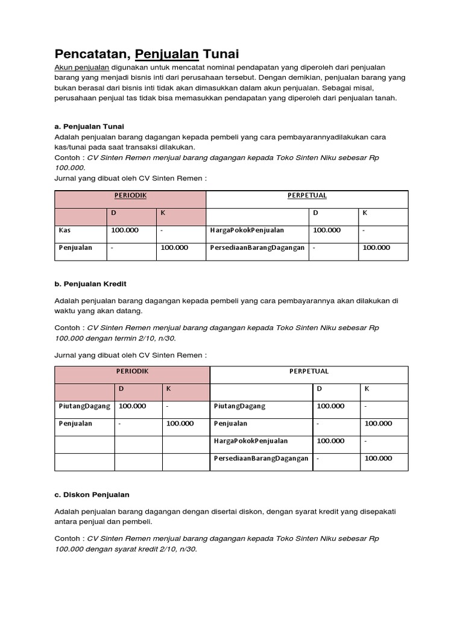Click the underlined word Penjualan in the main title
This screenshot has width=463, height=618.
(x=167, y=55)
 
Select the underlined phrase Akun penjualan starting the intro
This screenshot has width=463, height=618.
(x=82, y=68)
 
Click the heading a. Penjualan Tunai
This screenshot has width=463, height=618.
(x=89, y=126)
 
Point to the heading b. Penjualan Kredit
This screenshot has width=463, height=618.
(x=90, y=284)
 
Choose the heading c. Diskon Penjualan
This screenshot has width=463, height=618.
(x=92, y=495)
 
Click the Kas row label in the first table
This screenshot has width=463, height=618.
(x=65, y=230)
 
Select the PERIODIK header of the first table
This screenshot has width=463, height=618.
(x=130, y=196)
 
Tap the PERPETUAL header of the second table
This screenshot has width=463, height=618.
(x=309, y=371)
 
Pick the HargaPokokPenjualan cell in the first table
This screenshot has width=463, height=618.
(x=247, y=230)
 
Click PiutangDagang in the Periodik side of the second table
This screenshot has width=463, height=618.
(x=84, y=406)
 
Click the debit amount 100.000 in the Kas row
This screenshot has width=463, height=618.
(x=125, y=230)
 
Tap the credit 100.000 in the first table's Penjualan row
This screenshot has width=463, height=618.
(x=174, y=247)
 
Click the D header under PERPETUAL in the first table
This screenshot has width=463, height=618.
(x=315, y=213)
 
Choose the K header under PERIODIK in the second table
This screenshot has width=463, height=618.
(x=169, y=389)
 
